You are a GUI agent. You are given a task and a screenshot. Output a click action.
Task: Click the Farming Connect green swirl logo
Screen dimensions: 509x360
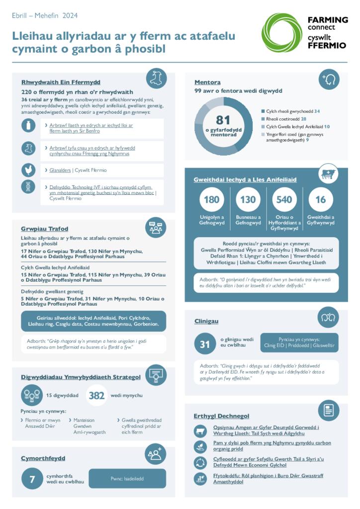[x=281, y=33]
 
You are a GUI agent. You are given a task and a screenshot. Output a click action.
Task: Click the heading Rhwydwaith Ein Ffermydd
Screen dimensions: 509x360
[x=61, y=82]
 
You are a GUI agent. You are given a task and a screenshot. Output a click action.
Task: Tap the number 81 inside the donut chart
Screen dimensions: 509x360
[x=223, y=120]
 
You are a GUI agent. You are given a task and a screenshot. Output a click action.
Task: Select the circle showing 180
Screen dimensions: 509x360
[x=211, y=199]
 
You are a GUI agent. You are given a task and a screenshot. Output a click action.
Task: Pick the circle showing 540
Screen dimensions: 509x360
[x=284, y=199]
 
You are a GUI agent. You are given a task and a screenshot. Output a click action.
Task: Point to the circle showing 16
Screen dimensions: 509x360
[x=321, y=199]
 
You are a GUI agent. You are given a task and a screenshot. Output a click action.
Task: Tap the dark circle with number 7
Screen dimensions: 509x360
[x=32, y=479]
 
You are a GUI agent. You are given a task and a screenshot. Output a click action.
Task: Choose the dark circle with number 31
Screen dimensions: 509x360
[x=205, y=344]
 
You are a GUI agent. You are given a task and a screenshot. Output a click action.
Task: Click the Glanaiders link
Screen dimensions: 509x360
[x=60, y=170]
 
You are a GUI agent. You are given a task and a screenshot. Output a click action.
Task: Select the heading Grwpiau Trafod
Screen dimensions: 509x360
[x=44, y=229]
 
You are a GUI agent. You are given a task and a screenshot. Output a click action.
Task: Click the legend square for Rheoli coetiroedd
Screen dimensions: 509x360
[x=263, y=119]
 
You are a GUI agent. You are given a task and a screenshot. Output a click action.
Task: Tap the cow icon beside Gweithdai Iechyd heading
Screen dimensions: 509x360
[x=328, y=173]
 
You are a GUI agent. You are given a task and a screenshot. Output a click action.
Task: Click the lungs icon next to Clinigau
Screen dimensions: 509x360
[x=328, y=317]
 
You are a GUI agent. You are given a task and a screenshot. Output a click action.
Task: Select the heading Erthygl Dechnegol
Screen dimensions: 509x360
[x=221, y=416]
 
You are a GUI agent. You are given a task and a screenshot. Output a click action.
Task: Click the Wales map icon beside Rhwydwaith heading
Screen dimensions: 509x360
[x=156, y=79]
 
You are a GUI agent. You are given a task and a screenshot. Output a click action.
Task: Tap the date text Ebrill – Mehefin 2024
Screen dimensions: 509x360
[x=45, y=15]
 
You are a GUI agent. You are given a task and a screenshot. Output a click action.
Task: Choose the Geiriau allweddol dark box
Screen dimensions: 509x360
[x=93, y=321]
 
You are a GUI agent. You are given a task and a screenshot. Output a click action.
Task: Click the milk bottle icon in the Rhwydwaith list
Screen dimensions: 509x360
[x=28, y=126]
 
